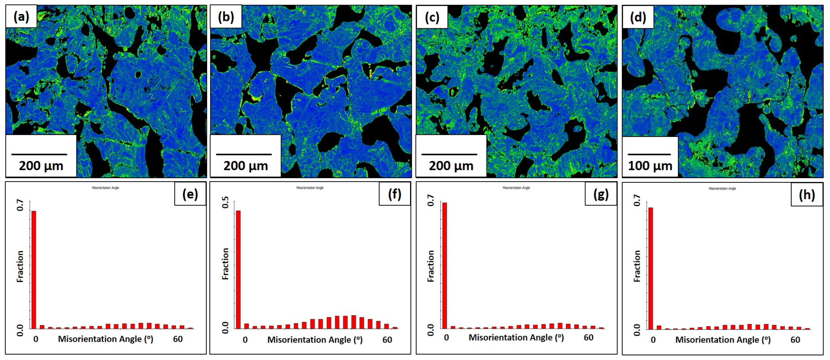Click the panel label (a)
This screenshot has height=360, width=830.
point(21,16)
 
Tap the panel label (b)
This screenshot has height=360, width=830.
point(226,16)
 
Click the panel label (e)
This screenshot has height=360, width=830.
point(190,194)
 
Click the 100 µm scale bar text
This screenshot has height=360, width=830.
point(650,166)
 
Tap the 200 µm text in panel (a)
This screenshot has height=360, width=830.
point(41,166)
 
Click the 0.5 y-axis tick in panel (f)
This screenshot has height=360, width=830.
point(226,202)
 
